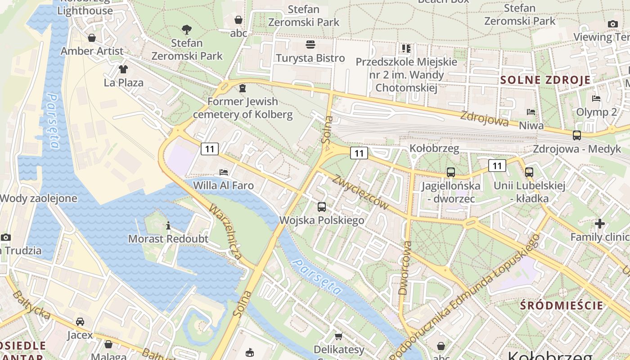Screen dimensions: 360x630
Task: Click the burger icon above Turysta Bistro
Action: pos(310,44)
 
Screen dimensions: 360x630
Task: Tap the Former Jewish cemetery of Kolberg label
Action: pos(243,108)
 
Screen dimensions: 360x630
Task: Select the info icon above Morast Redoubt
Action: pos(168,225)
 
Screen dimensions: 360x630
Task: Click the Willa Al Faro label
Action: pos(223,185)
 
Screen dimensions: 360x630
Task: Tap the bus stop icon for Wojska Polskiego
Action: pos(321,207)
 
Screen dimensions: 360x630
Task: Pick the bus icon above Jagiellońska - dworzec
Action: pos(450,172)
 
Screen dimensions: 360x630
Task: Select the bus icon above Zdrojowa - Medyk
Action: pos(576,135)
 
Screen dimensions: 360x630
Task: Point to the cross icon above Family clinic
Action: pos(599,223)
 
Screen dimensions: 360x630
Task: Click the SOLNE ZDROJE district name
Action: pos(545,81)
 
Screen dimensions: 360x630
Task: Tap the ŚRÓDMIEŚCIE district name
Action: pos(562,305)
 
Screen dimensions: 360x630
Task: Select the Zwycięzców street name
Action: pos(360,192)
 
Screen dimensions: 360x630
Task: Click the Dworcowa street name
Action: pos(405,268)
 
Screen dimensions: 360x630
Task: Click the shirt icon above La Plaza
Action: pos(123,69)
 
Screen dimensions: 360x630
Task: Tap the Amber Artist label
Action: pos(92,51)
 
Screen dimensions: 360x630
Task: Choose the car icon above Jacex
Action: pos(80,322)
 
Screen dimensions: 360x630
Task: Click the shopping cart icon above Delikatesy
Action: pos(339,336)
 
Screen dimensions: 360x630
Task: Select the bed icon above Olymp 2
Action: pos(596,99)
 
